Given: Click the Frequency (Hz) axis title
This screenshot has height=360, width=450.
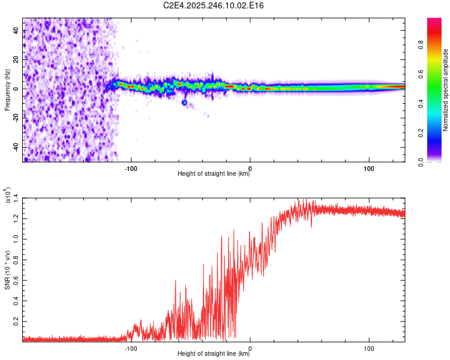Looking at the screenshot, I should point(8,90).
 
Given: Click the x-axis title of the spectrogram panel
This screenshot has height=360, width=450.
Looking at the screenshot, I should point(214,174).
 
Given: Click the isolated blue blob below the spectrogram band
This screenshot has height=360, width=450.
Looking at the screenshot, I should point(185,103).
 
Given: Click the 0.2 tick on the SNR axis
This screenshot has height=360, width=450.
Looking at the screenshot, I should point(16,322).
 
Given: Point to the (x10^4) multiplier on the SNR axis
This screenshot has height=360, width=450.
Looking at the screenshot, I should point(8,196).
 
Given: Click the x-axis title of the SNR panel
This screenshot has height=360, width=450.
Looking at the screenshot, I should point(214,354).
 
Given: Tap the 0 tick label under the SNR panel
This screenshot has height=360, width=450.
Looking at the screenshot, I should point(250,347).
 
